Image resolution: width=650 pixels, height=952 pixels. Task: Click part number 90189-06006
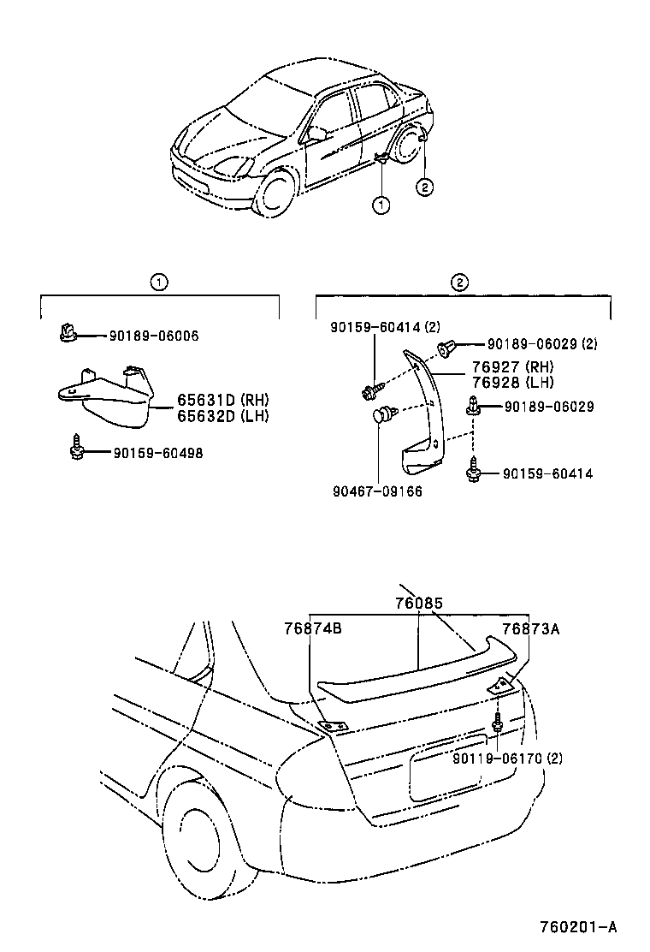coord(154,336)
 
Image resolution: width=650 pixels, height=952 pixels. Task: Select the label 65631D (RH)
coord(223,399)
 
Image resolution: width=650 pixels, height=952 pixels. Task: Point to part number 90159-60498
coord(157,453)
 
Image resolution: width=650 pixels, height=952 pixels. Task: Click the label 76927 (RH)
coord(513,367)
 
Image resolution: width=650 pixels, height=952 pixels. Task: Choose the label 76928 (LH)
coord(513,382)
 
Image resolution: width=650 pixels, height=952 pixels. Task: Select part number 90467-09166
coord(377,491)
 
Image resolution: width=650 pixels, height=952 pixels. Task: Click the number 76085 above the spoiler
coord(418,603)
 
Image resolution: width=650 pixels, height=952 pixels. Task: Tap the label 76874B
coord(313,628)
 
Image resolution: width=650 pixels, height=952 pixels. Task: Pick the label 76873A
coord(530,628)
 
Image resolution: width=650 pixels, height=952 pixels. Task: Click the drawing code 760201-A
coord(578,926)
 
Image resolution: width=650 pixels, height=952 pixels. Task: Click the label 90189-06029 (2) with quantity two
coord(542,344)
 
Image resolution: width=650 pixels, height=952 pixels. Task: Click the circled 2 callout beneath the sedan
coord(424,185)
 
